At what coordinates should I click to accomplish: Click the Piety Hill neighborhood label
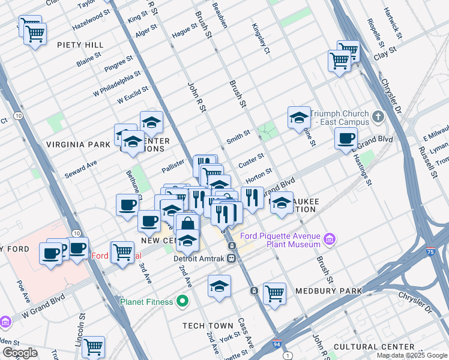click(80, 45)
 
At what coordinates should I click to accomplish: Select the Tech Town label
click(208, 326)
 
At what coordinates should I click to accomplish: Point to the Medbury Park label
click(328, 291)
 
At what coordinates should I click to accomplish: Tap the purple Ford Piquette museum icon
click(329, 240)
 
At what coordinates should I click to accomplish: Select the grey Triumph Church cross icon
click(378, 116)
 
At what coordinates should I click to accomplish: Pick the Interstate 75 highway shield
click(430, 253)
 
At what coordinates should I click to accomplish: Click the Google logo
click(20, 353)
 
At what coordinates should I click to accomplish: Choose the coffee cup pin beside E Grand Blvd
click(346, 139)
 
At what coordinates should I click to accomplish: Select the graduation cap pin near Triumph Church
click(298, 119)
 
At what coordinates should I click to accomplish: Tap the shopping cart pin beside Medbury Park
click(274, 293)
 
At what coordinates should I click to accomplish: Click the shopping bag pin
click(187, 225)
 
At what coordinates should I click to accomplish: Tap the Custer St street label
click(251, 160)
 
